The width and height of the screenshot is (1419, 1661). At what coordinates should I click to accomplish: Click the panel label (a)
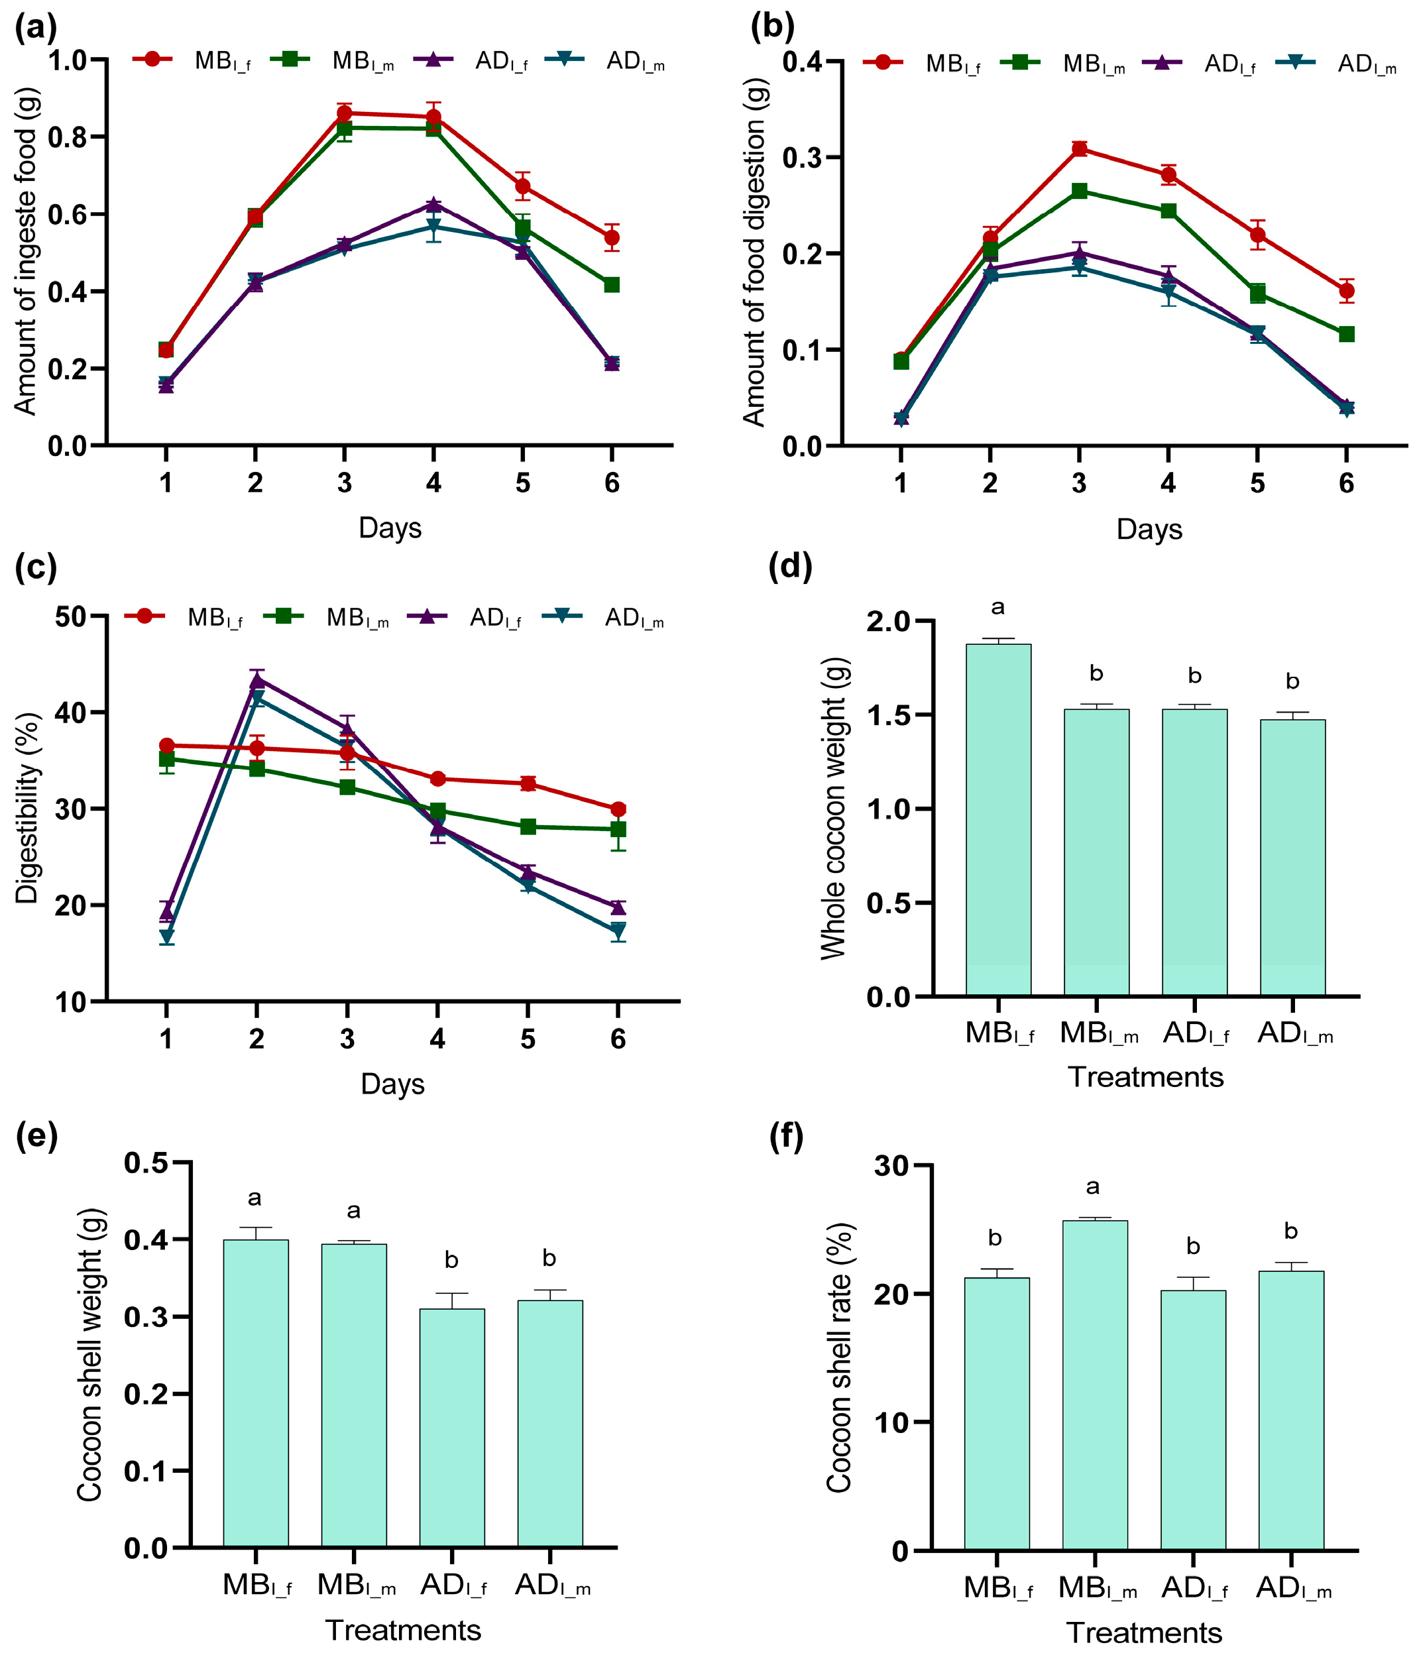point(35,29)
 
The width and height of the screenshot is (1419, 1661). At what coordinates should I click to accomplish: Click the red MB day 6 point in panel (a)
point(612,237)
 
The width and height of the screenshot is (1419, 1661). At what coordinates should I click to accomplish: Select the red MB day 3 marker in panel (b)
point(1079,148)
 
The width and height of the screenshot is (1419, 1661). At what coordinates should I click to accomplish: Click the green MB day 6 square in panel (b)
point(1346,333)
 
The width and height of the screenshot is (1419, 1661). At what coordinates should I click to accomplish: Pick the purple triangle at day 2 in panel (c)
point(256,681)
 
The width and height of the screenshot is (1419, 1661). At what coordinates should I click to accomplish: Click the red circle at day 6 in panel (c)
point(617,809)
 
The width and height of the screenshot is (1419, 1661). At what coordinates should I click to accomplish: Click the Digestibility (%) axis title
point(27,808)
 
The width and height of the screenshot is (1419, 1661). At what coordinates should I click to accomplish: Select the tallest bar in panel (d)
point(997,819)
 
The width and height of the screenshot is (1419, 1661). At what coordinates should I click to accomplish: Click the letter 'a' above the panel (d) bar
point(997,607)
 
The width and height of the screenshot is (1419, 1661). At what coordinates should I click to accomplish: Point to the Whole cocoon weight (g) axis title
point(834,807)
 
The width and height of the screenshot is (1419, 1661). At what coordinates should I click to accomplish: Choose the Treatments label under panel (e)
point(402,1630)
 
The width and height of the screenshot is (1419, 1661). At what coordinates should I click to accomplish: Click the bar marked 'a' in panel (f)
point(1094,1385)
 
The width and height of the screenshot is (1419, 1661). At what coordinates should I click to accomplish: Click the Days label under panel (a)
point(390,528)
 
